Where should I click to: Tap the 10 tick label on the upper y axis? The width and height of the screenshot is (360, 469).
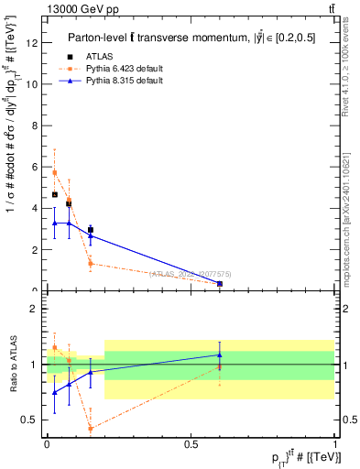pos(33,84)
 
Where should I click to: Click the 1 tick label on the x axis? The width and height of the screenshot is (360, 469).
pos(335,444)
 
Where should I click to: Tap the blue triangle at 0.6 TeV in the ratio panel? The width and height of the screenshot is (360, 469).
pos(220,354)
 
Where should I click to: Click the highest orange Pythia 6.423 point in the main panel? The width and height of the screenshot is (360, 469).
pos(54,172)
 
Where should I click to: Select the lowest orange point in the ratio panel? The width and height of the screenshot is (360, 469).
pos(91,428)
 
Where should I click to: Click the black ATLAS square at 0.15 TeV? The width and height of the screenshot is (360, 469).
pos(91,230)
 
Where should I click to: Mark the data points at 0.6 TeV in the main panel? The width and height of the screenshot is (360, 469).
pos(220,284)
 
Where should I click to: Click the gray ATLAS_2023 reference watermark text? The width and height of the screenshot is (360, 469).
pos(191,273)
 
